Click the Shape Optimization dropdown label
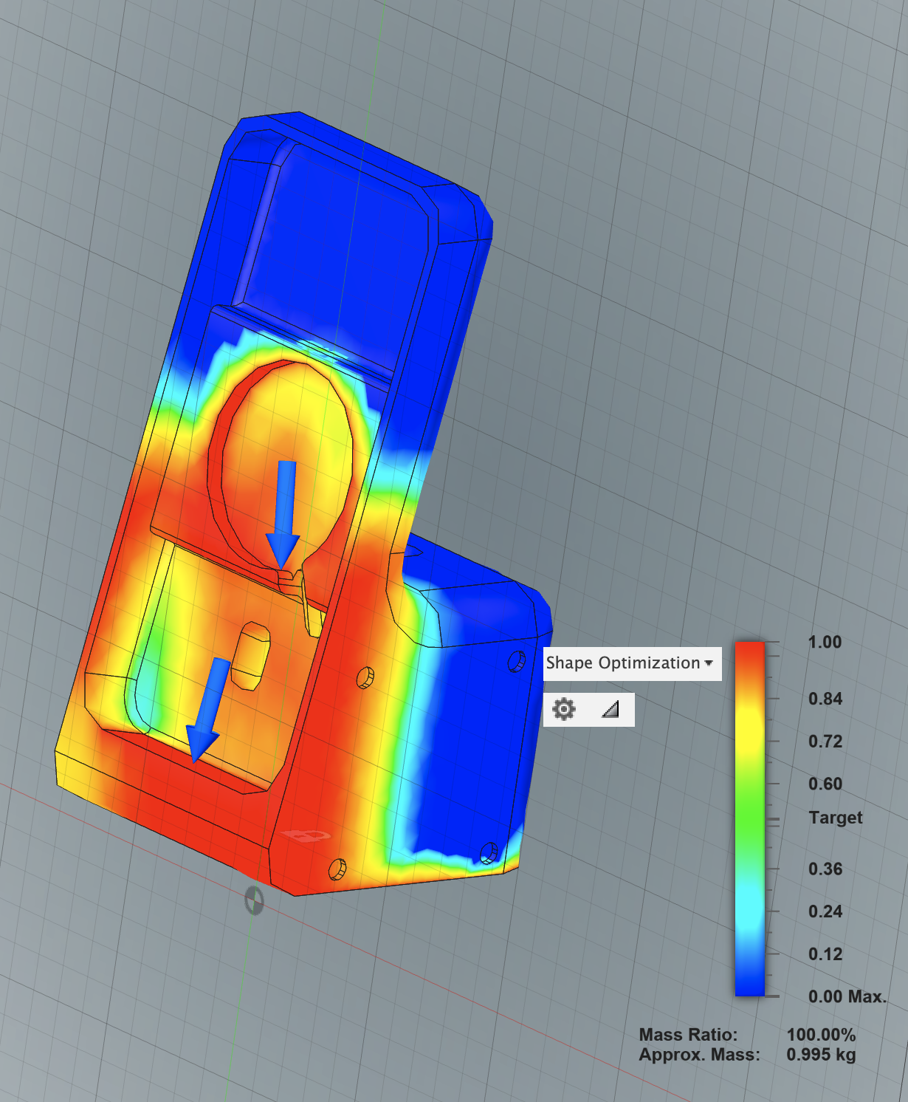tap(622, 663)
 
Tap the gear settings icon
tap(564, 710)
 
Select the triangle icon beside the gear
tap(611, 710)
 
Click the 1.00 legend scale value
tap(825, 643)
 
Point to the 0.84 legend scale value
tap(825, 699)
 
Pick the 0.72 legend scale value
tap(825, 742)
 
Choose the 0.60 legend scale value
tap(825, 784)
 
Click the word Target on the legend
tap(835, 818)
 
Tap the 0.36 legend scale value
tap(825, 869)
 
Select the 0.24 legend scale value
tap(825, 911)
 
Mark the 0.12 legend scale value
tap(825, 954)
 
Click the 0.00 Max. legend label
tap(847, 997)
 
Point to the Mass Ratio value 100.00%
tap(821, 1036)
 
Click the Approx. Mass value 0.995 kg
tap(821, 1055)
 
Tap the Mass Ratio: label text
tap(688, 1036)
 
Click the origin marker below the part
tap(254, 900)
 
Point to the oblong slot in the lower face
tap(250, 655)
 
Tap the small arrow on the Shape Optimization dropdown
tap(709, 663)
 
